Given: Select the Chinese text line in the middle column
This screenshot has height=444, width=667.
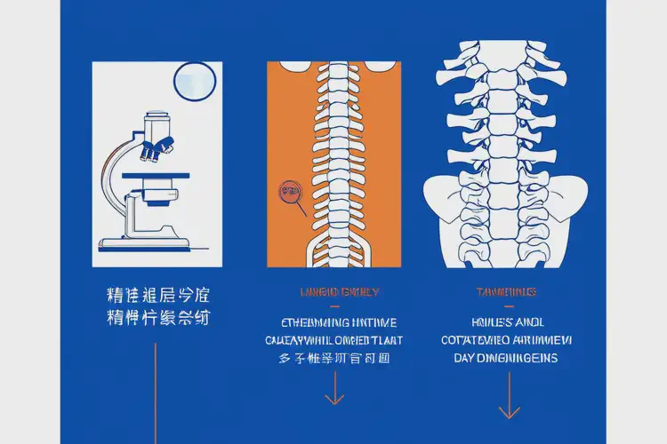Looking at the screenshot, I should pos(334,359).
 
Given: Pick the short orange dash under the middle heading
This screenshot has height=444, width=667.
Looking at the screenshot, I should pos(334,305).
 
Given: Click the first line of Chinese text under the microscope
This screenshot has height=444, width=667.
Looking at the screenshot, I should pos(157,294).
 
